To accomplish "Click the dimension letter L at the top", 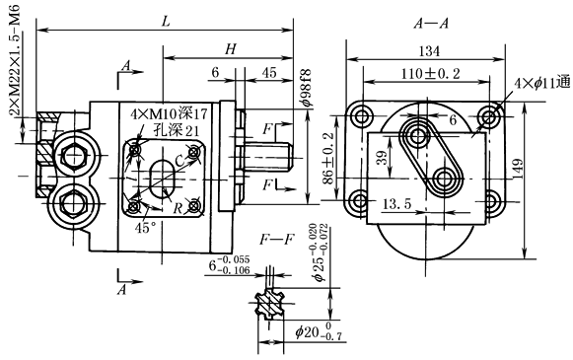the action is pos(167,22).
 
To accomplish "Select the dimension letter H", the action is pos(231,49).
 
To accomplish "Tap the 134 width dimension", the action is pos(429,51).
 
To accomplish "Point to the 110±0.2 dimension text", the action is pos(431,74).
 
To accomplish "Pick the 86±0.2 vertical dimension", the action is pos(328,158).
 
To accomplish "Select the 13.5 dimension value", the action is pos(396,203).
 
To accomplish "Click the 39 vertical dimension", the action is pos(383,158).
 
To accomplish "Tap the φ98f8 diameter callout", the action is pos(307,88).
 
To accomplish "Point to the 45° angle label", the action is pos(145,228).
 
